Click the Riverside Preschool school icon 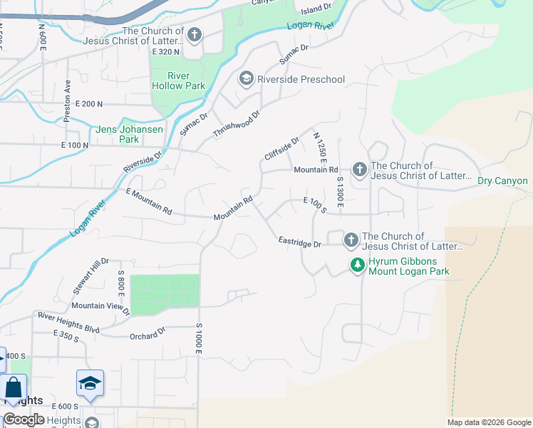coord(247,78)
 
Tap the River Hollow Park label coord(178,81)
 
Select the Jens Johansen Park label coord(129,135)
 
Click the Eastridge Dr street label coord(300,244)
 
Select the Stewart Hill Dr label coord(90,277)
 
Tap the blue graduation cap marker coord(90,384)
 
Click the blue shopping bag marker coord(13,389)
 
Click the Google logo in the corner coord(24,419)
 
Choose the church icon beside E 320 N coord(194,35)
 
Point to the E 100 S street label coord(314,205)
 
